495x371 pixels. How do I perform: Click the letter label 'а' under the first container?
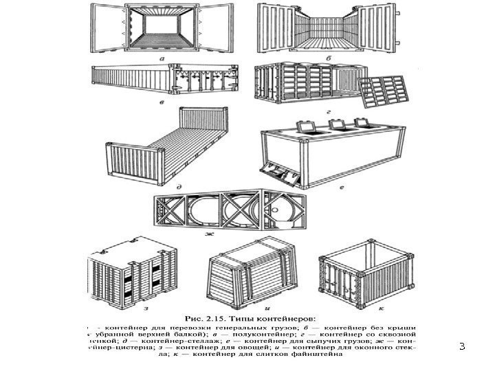pyautogui.click(x=160, y=60)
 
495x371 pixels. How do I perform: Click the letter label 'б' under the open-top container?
pyautogui.click(x=329, y=60)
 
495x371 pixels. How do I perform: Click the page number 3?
pyautogui.click(x=462, y=348)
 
